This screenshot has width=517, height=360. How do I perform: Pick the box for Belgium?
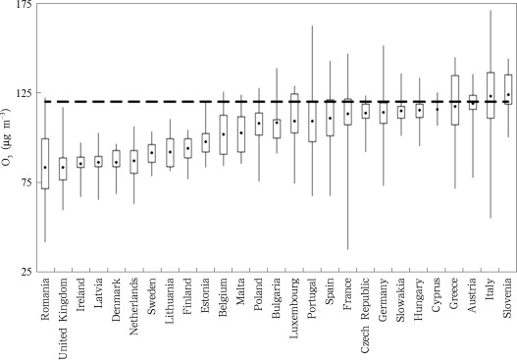(x=223, y=134)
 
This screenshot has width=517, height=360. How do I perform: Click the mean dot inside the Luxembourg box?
(x=294, y=121)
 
